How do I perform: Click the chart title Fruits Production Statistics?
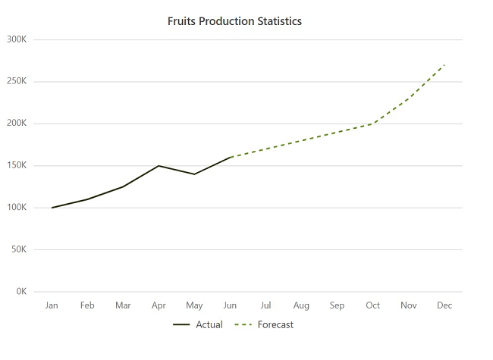pyautogui.click(x=234, y=21)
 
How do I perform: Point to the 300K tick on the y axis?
pyautogui.click(x=17, y=39)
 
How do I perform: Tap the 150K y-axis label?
pyautogui.click(x=17, y=165)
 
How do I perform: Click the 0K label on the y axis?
pyautogui.click(x=20, y=292)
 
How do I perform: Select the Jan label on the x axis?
pyautogui.click(x=52, y=305)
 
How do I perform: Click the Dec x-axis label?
pyautogui.click(x=444, y=305)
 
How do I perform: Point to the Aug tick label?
pyautogui.click(x=301, y=305)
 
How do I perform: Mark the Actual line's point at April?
pyautogui.click(x=159, y=165)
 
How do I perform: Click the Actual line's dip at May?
pyautogui.click(x=194, y=174)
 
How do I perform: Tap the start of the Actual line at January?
pyautogui.click(x=52, y=208)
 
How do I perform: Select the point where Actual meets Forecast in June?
pyautogui.click(x=230, y=157)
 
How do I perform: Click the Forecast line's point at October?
pyautogui.click(x=372, y=124)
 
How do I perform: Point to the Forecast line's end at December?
pyautogui.click(x=444, y=64)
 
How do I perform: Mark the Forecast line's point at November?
pyautogui.click(x=409, y=99)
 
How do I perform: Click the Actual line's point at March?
pyautogui.click(x=123, y=186)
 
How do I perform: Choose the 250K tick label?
pyautogui.click(x=17, y=81)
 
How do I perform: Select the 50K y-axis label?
pyautogui.click(x=19, y=249)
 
